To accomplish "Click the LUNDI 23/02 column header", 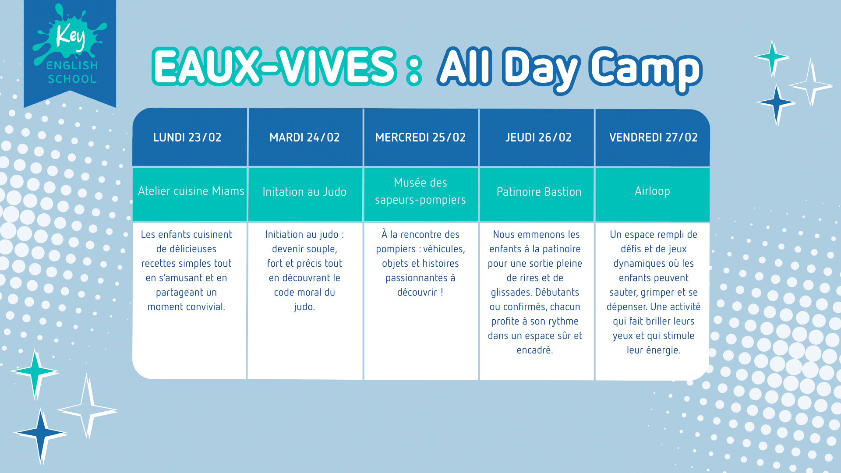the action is [x=190, y=137].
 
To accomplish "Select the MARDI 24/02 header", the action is [x=305, y=137].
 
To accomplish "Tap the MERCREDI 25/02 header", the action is [x=421, y=137].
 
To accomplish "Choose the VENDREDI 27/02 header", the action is [x=653, y=137].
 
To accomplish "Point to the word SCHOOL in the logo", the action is [x=72, y=79].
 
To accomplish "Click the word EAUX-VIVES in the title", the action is [x=275, y=67].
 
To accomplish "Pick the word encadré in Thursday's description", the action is [x=535, y=350].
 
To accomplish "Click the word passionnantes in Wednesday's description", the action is [x=417, y=278].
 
